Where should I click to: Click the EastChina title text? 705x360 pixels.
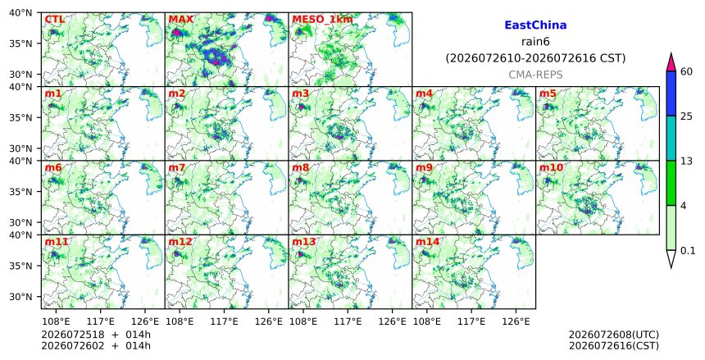click(535, 25)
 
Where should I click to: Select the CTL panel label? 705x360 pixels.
click(55, 20)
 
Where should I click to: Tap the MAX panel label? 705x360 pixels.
click(180, 20)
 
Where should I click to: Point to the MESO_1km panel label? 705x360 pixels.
click(322, 20)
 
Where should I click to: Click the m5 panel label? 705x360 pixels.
click(548, 93)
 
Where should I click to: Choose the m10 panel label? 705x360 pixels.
click(551, 168)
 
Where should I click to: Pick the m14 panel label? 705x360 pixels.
click(428, 242)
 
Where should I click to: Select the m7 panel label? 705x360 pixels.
click(177, 168)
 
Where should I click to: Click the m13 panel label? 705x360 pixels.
click(304, 242)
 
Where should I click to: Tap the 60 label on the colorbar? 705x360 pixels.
click(686, 71)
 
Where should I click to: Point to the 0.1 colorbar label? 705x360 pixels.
click(688, 251)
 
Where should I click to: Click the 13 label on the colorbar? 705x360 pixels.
click(686, 161)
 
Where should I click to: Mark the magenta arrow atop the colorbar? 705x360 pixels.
click(671, 62)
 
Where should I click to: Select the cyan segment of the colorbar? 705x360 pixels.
click(671, 138)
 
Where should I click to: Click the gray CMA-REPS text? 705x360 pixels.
click(535, 75)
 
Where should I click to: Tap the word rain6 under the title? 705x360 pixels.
click(535, 42)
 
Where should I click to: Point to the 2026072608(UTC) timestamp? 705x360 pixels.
click(614, 335)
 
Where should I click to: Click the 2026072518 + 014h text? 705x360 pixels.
click(96, 335)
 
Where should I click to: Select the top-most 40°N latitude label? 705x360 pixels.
click(20, 12)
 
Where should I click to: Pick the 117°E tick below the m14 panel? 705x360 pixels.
click(471, 321)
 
